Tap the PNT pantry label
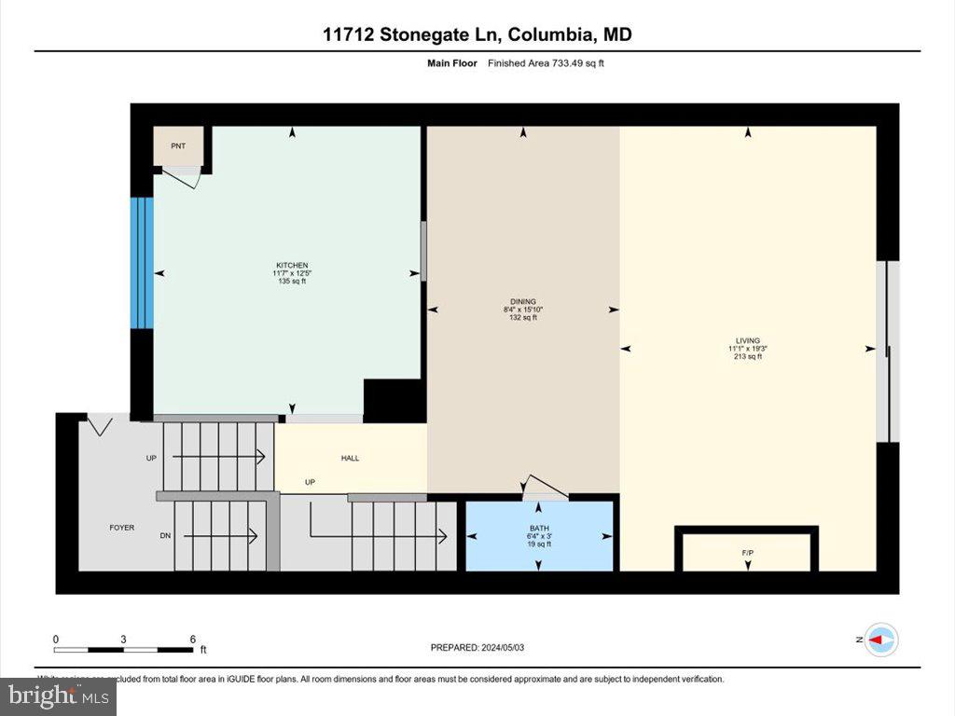(178, 146)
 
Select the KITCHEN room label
(291, 266)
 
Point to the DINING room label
(522, 302)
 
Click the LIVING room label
(747, 341)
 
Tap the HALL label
(350, 458)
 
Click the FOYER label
(121, 528)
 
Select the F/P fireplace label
(747, 554)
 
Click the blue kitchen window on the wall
(141, 263)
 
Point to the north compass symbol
(881, 640)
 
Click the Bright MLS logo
(58, 695)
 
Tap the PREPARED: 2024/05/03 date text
(483, 647)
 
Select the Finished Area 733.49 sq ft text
(551, 63)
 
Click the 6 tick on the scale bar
(192, 640)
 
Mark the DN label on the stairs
(165, 536)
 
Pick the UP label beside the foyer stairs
(151, 458)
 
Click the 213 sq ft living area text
(747, 357)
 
